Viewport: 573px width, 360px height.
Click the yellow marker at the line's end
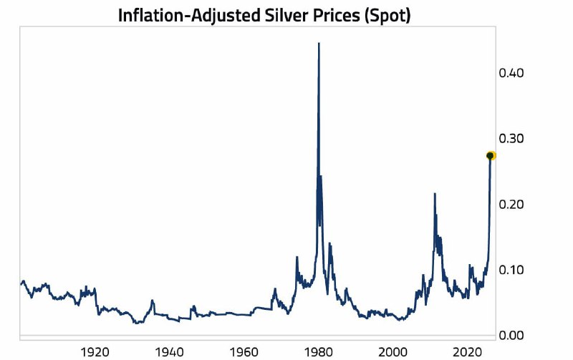coord(491,155)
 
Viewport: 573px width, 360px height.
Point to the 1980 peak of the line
coord(319,44)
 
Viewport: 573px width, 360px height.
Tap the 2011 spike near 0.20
coord(434,194)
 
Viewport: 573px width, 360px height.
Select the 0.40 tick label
coord(511,72)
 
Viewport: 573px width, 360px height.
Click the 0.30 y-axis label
coord(511,138)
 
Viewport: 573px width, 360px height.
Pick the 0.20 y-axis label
coord(511,204)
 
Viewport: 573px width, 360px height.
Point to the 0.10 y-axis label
coord(511,270)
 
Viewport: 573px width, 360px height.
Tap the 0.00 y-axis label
coord(511,335)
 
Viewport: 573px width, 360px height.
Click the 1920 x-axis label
coord(95,352)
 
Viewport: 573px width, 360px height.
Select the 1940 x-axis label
coord(169,352)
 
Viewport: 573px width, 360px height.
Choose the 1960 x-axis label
coord(244,352)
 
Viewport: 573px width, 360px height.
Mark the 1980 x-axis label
coord(318,352)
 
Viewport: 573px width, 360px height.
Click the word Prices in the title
coord(335,14)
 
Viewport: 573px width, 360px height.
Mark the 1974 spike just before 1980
coord(297,257)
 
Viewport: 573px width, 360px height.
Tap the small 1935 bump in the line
coord(152,301)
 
